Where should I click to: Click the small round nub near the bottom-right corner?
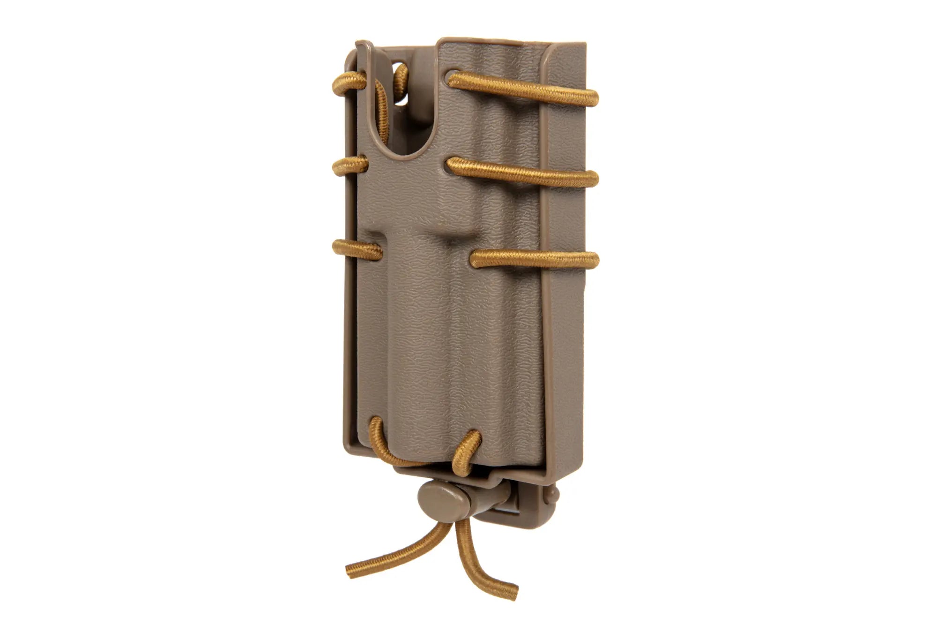(x=555, y=494)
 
